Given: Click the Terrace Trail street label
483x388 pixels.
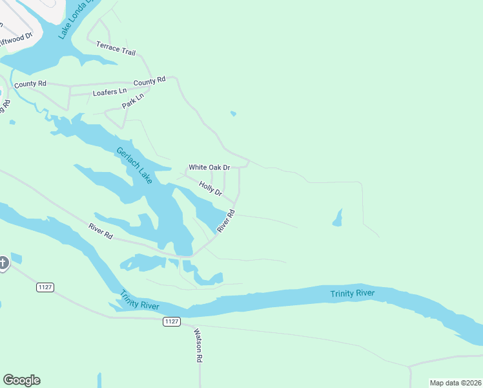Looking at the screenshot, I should pos(116,48).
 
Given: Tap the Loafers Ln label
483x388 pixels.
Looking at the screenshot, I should pos(110,92).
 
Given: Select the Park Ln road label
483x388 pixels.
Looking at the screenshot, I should pos(132,101).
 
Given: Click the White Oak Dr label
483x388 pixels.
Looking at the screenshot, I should pos(209,167).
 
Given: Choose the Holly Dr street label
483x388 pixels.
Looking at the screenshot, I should pos(211,189).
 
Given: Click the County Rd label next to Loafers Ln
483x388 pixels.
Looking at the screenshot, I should pos(30,84).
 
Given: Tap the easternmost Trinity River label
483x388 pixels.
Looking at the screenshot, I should pos(353,294).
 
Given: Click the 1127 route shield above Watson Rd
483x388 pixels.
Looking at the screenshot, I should pos(171,321).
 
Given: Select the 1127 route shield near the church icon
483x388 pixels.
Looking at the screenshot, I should pos(45,287).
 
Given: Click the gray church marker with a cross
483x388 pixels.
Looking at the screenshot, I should pos(3,263).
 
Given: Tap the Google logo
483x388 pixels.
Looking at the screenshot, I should pos(21,380).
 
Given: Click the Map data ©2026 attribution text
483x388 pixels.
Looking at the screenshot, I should pos(455,383).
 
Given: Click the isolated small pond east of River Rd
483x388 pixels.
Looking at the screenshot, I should pos(337,218).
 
